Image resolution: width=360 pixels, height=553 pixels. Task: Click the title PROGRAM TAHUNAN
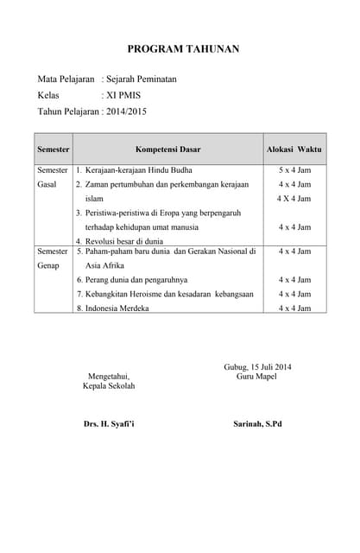coord(183,49)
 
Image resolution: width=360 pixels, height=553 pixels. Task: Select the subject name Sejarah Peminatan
coord(142,79)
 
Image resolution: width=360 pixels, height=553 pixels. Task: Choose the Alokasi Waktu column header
coord(294,149)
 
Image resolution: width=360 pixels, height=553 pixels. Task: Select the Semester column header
coord(53,149)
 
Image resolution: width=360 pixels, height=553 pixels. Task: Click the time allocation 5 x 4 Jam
coord(294,170)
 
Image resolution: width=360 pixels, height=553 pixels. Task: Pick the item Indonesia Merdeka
coord(117,308)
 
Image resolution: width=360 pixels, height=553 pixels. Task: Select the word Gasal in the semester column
coord(47,185)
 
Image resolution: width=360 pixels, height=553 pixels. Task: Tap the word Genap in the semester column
coord(48,265)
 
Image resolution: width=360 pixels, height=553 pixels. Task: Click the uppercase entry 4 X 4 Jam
coord(294,199)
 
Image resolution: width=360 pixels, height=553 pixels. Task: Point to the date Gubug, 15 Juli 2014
coord(257,367)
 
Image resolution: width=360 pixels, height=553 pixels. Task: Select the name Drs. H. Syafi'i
coord(109,424)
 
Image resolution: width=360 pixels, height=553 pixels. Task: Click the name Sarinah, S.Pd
coord(257,424)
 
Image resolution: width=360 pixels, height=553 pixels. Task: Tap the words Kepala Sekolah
coord(109,385)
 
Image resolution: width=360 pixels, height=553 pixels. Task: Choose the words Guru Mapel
coord(256,377)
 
